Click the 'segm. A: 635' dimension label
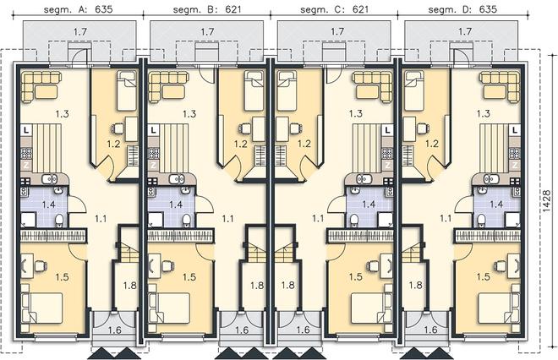coord(79,9)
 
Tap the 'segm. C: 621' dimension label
coord(334,9)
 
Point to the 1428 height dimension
coord(547,201)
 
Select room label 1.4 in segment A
coord(49,205)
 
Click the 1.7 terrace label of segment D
coord(465,31)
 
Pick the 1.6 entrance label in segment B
coord(242,330)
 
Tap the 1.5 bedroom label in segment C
coord(355,276)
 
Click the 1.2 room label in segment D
coord(432,144)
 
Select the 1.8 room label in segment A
coord(130,285)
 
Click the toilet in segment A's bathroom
coord(60,221)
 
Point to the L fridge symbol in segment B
coord(153,130)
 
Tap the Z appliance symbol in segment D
coord(515,165)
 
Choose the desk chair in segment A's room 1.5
coord(41,265)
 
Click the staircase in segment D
coord(410,254)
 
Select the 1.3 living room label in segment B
coord(189,114)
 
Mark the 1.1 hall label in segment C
coord(318,218)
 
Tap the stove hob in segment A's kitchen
coord(26,153)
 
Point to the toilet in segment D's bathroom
coord(481,221)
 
